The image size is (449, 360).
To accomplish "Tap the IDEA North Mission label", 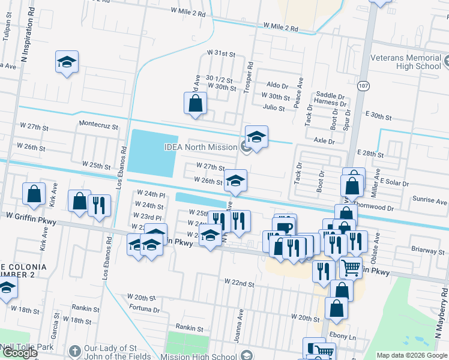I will click(202, 147).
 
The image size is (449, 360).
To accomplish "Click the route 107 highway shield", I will click(364, 86).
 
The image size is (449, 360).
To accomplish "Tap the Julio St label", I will click(273, 107).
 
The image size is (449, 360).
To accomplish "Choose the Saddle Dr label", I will click(330, 96).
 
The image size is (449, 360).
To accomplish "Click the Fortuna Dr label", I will click(144, 310).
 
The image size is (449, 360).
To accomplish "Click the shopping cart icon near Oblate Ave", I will click(351, 266).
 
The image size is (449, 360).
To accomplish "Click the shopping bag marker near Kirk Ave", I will click(34, 193).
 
